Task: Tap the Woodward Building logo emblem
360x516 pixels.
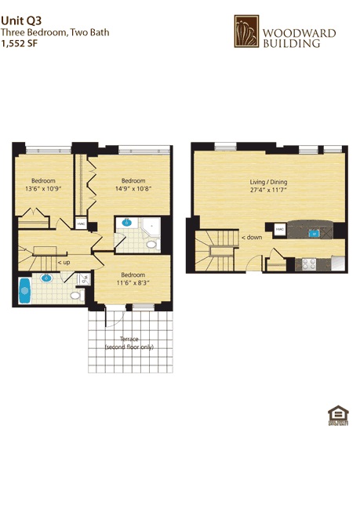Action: pyautogui.click(x=246, y=32)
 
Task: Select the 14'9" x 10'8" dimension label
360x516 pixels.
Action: pyautogui.click(x=133, y=188)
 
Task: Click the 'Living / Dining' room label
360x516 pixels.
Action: pyautogui.click(x=269, y=181)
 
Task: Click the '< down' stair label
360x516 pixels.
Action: pyautogui.click(x=251, y=237)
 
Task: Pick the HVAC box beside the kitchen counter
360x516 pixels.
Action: pyautogui.click(x=280, y=229)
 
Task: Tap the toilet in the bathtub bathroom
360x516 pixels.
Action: pyautogui.click(x=76, y=296)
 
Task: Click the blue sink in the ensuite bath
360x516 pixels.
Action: pyautogui.click(x=125, y=223)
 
